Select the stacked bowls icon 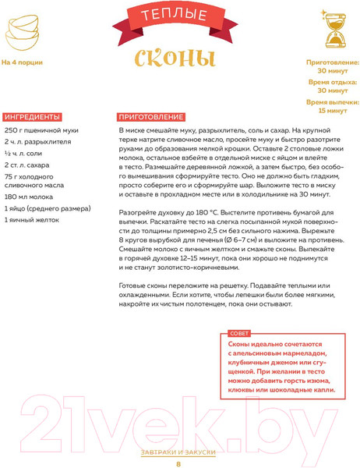(23, 30)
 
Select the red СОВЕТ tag (238, 332)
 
